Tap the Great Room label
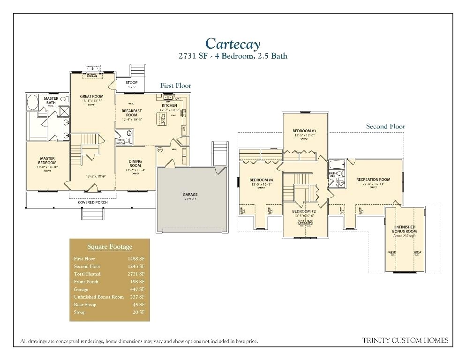91,96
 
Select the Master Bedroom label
47,161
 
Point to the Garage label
190,194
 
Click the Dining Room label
135,163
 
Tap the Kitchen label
169,105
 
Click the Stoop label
131,82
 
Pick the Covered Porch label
91,202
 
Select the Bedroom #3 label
304,130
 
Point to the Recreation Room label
373,180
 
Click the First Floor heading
175,86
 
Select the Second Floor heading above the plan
385,126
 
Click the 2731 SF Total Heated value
136,274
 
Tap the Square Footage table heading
110,247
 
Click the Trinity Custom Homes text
406,340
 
